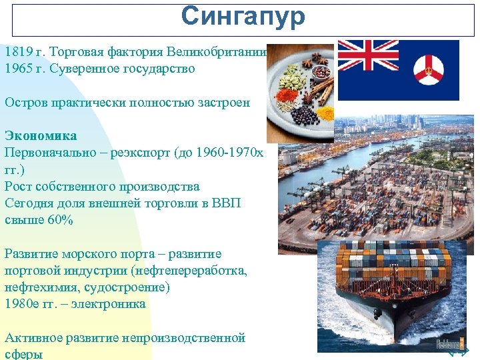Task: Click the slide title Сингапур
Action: coord(243,17)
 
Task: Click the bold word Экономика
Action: coord(40,135)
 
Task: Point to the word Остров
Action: coord(23,102)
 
